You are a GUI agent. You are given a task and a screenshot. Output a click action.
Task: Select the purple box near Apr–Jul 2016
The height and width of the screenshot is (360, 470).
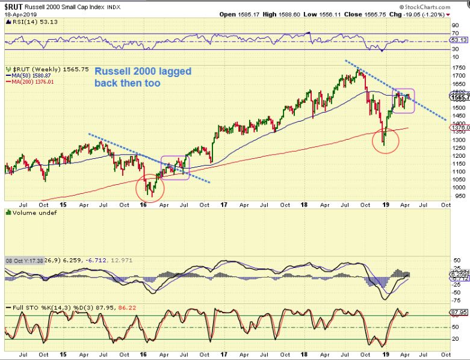174,167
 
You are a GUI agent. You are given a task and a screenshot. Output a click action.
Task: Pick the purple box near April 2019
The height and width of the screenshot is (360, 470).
403,101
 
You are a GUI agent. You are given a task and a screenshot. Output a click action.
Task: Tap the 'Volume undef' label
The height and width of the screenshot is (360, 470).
24,212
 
